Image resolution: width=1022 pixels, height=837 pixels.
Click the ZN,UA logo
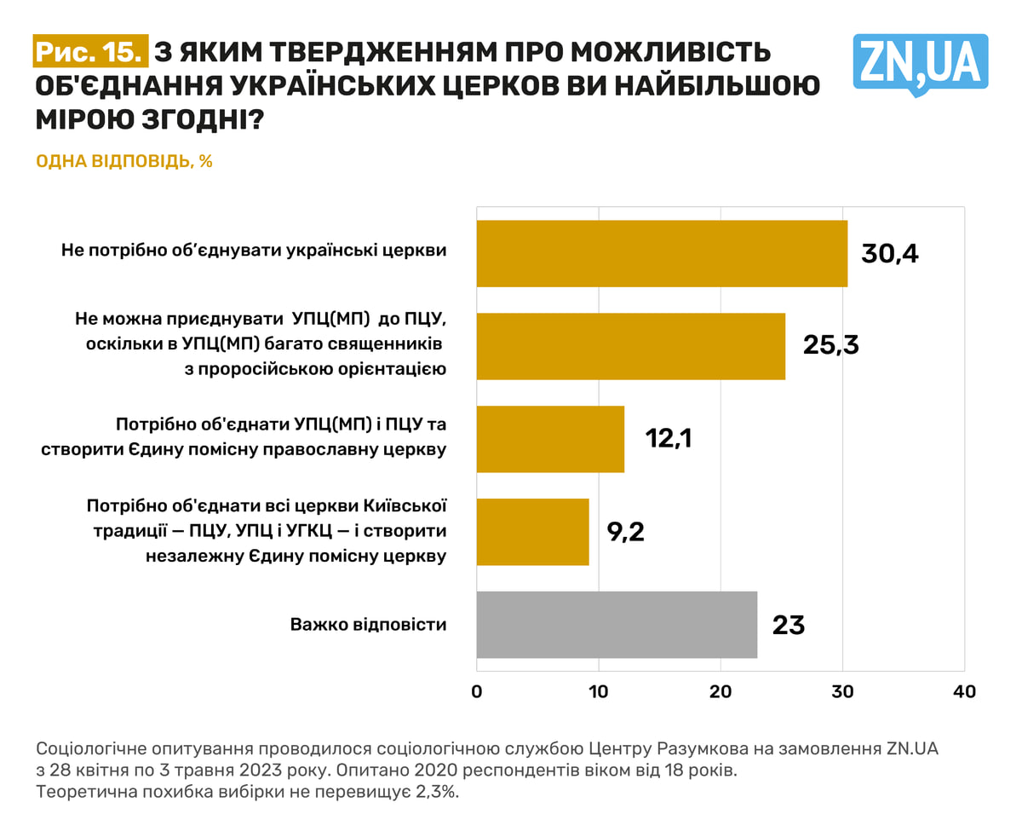coord(920,63)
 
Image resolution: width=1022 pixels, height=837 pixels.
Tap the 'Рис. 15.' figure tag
coord(89,51)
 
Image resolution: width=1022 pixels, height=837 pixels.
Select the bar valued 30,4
coord(662,253)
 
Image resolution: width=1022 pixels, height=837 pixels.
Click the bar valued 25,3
coord(630,346)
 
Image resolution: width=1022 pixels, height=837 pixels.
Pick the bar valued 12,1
coord(550,439)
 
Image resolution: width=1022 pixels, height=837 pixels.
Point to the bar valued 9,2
coord(532,532)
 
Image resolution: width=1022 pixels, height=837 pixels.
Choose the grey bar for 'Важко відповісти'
coord(617,625)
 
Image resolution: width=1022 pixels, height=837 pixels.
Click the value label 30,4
coord(890,253)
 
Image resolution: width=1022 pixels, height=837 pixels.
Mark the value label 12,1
coord(669,439)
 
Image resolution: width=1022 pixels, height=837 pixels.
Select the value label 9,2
coord(625,532)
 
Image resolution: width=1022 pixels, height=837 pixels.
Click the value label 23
coord(788,625)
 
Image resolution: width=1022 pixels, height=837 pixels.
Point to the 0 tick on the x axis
coord(477,691)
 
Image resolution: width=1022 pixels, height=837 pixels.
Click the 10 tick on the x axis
coord(599,691)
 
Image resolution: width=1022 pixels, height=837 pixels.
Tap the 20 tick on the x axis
coord(721,691)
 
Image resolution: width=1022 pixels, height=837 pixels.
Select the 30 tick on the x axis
coord(842,691)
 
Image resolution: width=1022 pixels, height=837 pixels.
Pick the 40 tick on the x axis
coord(964,691)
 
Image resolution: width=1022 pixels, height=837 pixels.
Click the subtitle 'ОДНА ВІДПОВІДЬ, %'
coord(124,161)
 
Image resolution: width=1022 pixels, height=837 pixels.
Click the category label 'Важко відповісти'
coord(368,625)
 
